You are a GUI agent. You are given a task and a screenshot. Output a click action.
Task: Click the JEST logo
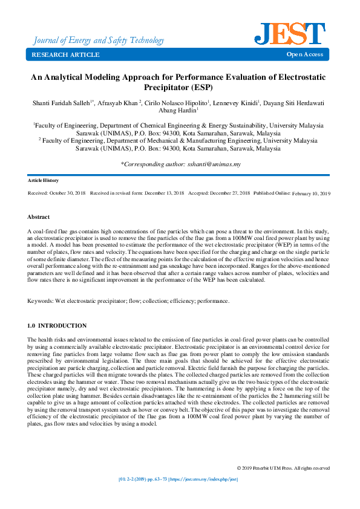290,34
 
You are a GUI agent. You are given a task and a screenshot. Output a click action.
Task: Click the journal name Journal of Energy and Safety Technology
98,41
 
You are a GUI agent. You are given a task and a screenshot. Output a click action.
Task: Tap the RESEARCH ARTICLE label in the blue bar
65,55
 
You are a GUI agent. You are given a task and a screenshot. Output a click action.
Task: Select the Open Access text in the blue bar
305,55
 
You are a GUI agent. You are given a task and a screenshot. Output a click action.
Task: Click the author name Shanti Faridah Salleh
62,103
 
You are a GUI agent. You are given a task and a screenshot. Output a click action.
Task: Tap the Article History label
43,181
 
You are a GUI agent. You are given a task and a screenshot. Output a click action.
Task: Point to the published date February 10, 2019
311,193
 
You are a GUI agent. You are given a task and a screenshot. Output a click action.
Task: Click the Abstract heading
39,216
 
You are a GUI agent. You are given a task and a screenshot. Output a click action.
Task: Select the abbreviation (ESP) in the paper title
200,88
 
